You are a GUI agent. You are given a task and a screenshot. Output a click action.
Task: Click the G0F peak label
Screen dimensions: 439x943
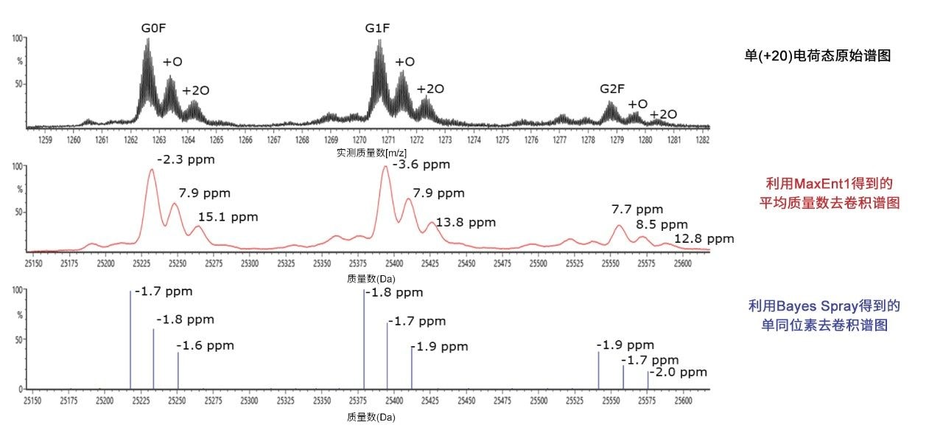(x=158, y=30)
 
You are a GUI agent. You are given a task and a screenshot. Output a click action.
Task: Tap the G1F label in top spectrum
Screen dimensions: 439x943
(x=377, y=30)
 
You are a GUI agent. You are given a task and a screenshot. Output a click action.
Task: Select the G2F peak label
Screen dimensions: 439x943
(x=612, y=89)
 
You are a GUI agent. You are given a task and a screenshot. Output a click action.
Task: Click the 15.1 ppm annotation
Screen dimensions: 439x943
(x=228, y=218)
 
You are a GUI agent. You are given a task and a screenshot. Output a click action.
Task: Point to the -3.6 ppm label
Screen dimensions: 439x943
(x=421, y=165)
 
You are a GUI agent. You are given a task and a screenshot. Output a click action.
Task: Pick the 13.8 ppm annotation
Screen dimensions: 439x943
(x=466, y=222)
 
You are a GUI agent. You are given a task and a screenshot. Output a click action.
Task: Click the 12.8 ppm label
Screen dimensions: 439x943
(x=704, y=238)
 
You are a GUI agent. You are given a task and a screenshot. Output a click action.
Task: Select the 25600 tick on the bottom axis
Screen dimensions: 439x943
(x=683, y=401)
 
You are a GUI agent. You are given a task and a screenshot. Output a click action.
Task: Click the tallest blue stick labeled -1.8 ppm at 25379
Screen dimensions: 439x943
(x=364, y=339)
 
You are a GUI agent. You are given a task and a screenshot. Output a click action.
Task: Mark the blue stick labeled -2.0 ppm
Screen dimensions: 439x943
(x=648, y=380)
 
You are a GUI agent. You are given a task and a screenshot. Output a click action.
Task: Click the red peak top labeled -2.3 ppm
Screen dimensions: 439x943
(x=152, y=171)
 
